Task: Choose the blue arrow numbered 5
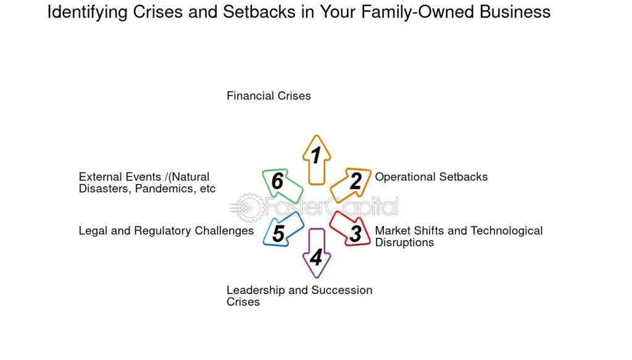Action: tap(281, 231)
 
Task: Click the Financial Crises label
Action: tap(268, 96)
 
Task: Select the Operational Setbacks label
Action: tap(431, 177)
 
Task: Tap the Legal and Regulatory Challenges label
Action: tap(166, 231)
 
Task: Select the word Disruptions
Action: tap(404, 243)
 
